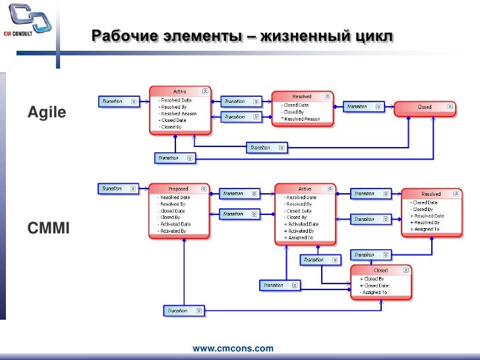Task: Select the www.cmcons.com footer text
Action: pyautogui.click(x=232, y=347)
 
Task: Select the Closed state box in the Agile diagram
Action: pyautogui.click(x=425, y=107)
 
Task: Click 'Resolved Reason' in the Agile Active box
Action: pyautogui.click(x=179, y=113)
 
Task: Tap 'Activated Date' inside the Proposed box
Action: pyautogui.click(x=175, y=224)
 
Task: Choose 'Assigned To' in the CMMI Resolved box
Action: pyautogui.click(x=427, y=229)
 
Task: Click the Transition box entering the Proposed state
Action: pyautogui.click(x=119, y=189)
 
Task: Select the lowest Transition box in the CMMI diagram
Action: pyautogui.click(x=184, y=311)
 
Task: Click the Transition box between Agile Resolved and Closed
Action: pyautogui.click(x=363, y=106)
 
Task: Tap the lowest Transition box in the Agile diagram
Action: pyautogui.click(x=175, y=158)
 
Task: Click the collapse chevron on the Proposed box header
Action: pyautogui.click(x=205, y=189)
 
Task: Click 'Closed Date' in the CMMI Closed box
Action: pyautogui.click(x=376, y=285)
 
